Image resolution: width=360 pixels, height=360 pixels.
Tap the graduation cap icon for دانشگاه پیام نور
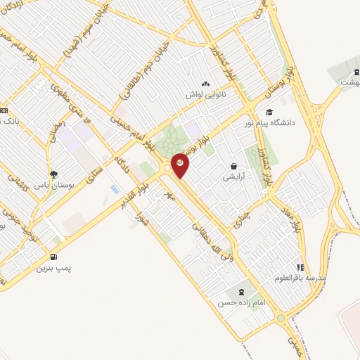point(269,112)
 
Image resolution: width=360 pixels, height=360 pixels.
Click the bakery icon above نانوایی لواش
point(205,84)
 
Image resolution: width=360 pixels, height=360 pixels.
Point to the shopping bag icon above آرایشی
point(233,167)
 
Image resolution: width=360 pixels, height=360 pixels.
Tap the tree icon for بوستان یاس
point(54,175)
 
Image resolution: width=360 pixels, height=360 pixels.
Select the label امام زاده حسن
point(237,302)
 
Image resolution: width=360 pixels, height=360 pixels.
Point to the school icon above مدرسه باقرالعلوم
point(301,267)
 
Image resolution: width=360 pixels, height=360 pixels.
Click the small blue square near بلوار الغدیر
point(115,189)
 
